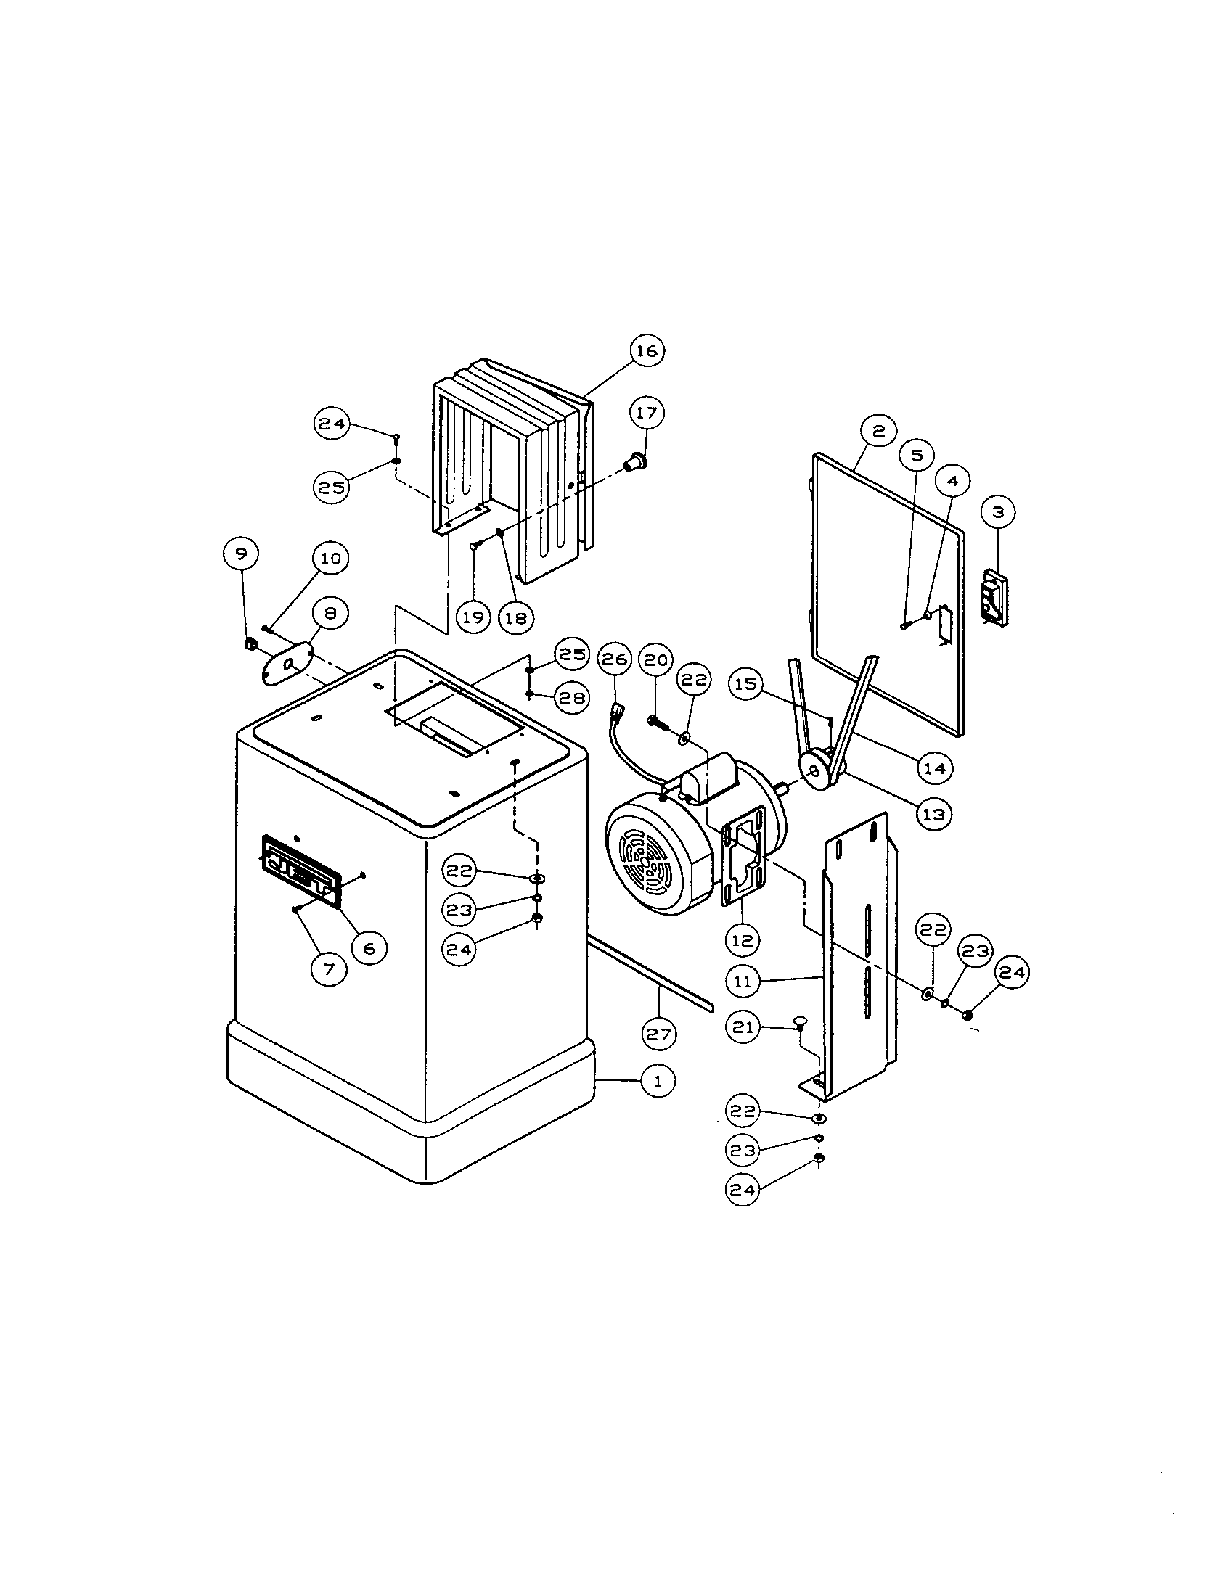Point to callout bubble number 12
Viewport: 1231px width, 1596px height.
tap(742, 939)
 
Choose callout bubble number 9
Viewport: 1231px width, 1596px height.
tap(240, 554)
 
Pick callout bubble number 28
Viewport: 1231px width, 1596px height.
tap(572, 698)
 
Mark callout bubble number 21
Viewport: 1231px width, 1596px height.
tap(743, 1027)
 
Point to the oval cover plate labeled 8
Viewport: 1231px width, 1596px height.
tap(287, 664)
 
